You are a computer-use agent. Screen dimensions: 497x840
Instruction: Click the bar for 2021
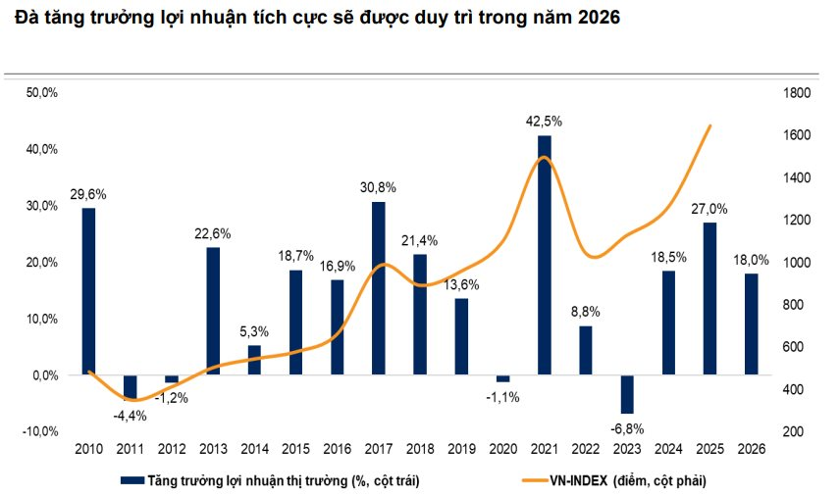tap(544, 255)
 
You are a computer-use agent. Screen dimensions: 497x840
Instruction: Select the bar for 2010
tap(88, 291)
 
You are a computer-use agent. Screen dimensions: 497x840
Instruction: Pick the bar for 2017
tap(378, 288)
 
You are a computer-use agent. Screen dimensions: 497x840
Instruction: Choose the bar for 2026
tap(751, 324)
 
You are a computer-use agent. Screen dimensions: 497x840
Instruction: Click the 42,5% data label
tap(544, 122)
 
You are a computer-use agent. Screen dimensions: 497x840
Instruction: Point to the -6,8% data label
tap(627, 428)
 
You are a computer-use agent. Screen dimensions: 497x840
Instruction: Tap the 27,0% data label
tap(709, 209)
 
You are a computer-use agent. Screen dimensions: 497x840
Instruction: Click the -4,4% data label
tap(130, 415)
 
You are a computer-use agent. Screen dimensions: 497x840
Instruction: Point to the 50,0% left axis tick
tap(42, 93)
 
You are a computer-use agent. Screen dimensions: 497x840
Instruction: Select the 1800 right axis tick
tap(795, 93)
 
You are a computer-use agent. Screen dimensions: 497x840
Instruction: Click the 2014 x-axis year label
tap(254, 449)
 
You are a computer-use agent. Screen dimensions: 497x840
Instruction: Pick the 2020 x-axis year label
tap(502, 449)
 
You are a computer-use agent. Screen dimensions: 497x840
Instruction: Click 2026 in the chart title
tap(597, 19)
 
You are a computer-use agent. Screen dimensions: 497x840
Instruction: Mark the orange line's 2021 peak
tap(544, 157)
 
